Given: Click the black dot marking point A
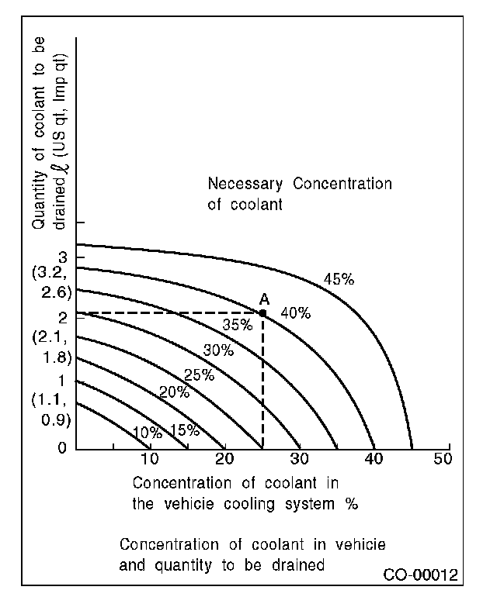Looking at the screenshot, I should coord(262,312).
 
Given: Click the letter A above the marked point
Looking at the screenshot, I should coord(264,299).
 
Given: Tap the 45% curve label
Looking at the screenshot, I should coord(338,279).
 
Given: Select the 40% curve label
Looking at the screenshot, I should coord(295,313).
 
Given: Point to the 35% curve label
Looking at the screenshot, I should coord(237,325).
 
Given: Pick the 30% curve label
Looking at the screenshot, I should coord(217,350).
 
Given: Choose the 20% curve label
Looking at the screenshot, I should coord(174,392).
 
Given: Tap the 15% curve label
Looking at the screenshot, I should coord(185,430).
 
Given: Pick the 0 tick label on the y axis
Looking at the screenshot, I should coord(61,448).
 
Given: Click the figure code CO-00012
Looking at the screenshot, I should coord(420,575).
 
